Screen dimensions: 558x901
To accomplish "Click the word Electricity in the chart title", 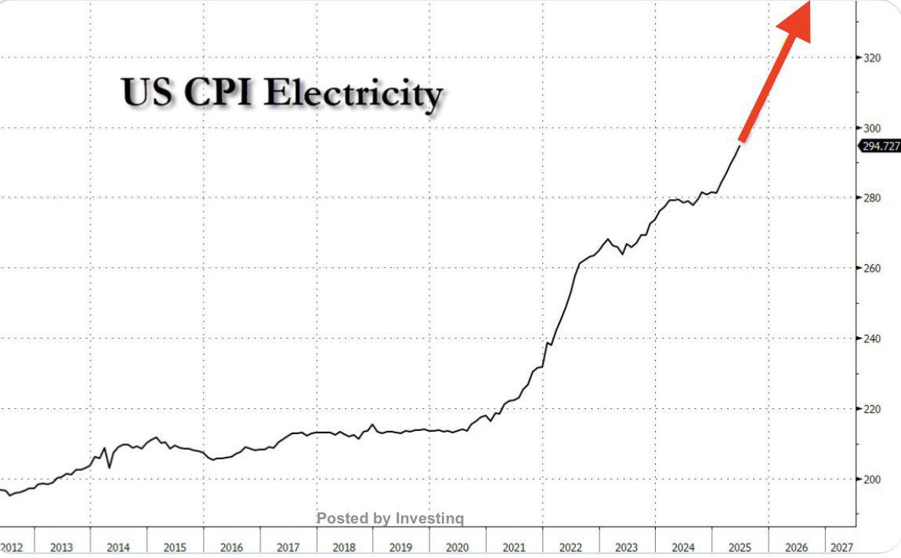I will (x=353, y=95).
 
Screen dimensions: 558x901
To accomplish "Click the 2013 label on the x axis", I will (x=62, y=547).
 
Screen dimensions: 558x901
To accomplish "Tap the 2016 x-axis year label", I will (x=232, y=547).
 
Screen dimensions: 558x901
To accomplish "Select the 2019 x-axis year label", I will (x=401, y=547).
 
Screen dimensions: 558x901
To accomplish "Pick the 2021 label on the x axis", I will (x=514, y=547).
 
